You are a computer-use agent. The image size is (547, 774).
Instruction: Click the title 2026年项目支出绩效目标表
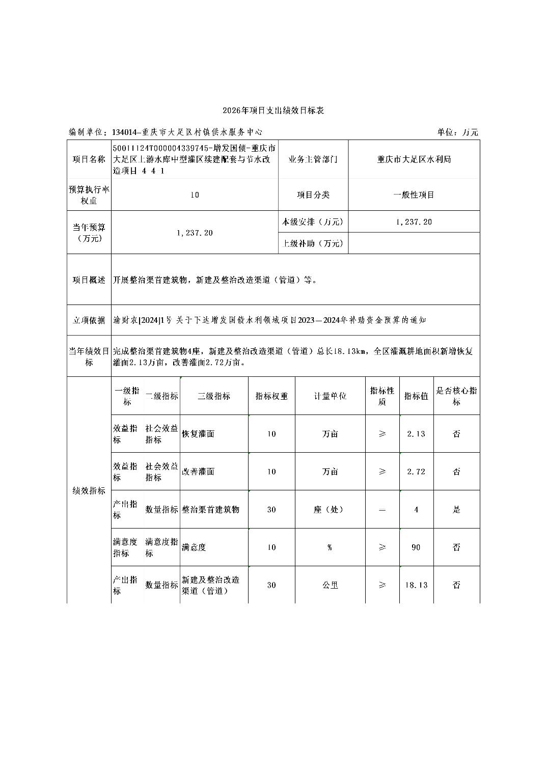273,110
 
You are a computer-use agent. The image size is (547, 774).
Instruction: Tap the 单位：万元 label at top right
457,132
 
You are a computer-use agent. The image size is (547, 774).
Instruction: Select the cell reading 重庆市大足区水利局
414,159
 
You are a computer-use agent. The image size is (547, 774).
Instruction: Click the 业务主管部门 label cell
313,159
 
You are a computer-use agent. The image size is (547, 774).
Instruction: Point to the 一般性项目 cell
414,195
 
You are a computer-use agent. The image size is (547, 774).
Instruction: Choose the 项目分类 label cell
313,195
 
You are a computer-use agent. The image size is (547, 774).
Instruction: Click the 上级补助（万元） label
313,243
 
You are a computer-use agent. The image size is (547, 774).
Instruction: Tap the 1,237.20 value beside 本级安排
414,222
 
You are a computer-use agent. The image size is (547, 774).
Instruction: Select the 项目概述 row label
89,280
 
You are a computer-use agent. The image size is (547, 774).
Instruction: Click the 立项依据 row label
89,320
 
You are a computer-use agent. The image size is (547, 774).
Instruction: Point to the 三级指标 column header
213,396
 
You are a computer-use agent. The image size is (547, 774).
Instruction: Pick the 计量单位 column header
330,396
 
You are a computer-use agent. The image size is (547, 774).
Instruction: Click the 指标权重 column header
271,396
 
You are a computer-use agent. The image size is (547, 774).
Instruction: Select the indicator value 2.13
416,434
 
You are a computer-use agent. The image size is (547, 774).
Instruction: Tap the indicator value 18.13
416,585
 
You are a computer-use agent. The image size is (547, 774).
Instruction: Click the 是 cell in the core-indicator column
456,509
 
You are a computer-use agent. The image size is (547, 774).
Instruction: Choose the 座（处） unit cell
330,509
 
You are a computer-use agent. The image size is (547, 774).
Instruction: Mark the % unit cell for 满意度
330,547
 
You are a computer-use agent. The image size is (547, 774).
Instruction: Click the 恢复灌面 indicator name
198,434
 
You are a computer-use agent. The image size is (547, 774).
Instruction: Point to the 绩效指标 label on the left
89,490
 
